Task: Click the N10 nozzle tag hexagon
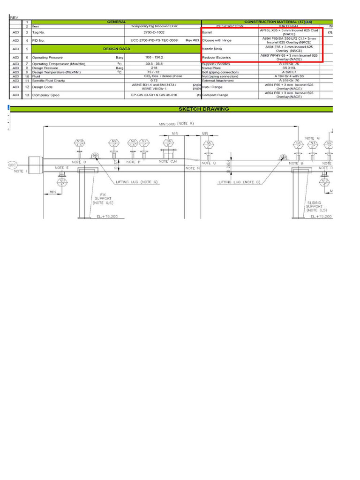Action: pyautogui.click(x=80, y=142)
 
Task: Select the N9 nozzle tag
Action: pyautogui.click(x=113, y=142)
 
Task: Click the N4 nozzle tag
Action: pyautogui.click(x=298, y=144)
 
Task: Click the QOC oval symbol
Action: pyautogui.click(x=12, y=165)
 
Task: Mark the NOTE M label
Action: pyautogui.click(x=312, y=138)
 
